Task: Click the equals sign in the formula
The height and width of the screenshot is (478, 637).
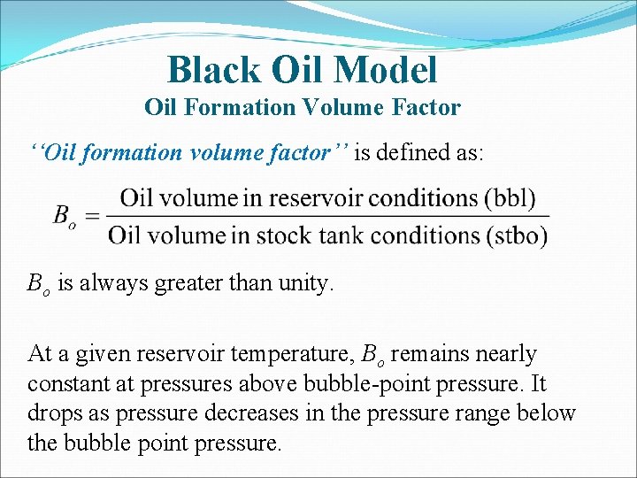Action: tap(91, 216)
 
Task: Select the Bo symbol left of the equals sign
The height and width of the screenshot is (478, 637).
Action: tap(64, 217)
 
